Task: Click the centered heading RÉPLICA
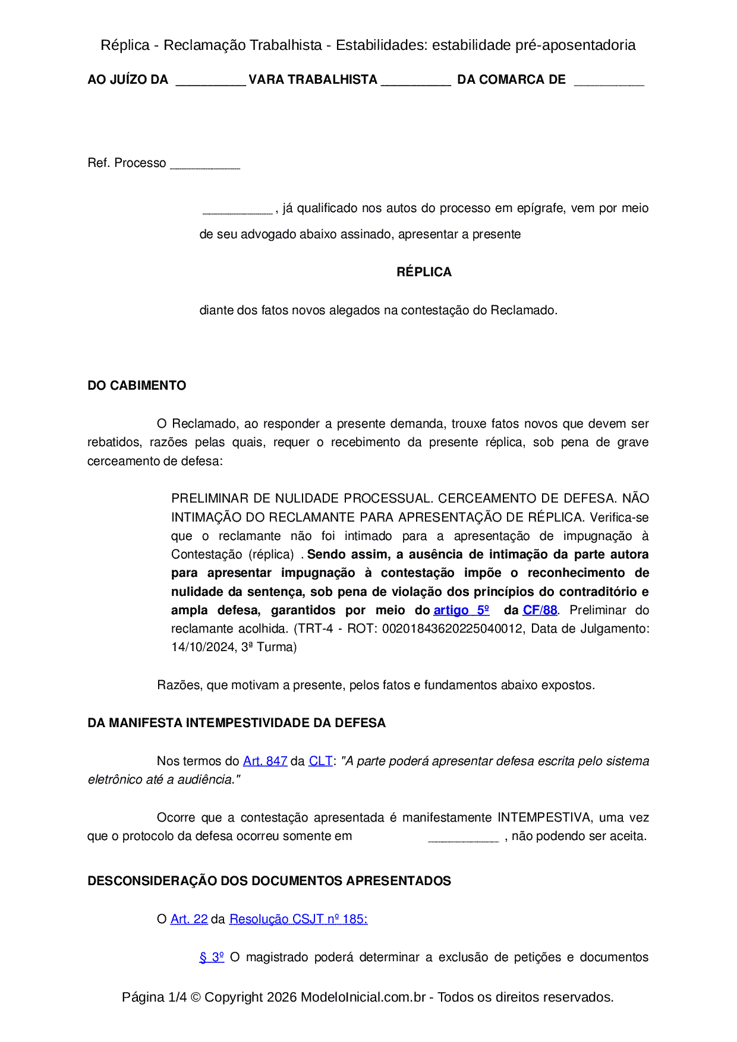424,272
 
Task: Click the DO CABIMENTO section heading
137,386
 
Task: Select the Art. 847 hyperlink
265,761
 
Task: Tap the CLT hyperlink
320,761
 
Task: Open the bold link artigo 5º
461,610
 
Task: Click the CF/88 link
540,610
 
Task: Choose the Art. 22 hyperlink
189,919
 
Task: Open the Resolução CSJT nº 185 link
298,919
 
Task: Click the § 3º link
212,957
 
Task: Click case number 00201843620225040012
453,629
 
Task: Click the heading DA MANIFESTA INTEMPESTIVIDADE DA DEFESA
237,723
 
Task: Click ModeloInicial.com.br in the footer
363,997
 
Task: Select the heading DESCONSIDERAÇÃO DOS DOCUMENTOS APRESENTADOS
269,881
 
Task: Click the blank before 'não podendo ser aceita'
463,838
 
